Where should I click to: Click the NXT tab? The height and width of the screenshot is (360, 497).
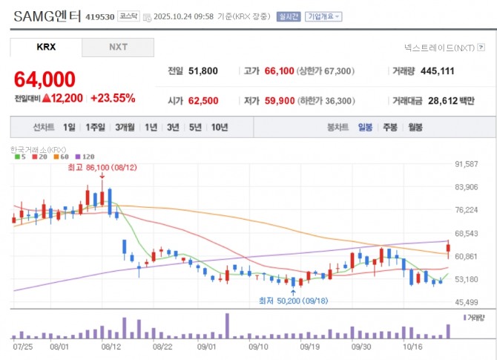118,47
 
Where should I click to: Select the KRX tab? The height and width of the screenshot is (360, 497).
46,47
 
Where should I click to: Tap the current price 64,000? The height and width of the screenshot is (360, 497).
45,79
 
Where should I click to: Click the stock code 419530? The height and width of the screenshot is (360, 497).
100,16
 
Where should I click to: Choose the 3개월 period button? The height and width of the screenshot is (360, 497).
125,127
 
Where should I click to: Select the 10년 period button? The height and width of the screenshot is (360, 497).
220,127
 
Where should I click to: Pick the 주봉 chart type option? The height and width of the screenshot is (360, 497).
390,127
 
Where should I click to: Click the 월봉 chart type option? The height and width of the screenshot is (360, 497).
415,127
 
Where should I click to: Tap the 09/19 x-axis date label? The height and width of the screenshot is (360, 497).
310,345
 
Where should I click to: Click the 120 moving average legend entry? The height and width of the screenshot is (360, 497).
87,157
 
